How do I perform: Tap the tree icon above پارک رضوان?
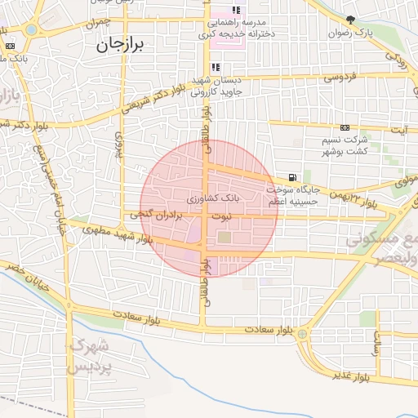pyautogui.click(x=351, y=20)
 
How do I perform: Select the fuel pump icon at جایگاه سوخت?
pyautogui.click(x=292, y=177)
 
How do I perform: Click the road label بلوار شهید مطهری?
pyautogui.click(x=116, y=233)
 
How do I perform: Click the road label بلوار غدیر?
pyautogui.click(x=352, y=376)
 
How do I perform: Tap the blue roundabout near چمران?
pyautogui.click(x=31, y=29)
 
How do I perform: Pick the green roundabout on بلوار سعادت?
pyautogui.click(x=302, y=334)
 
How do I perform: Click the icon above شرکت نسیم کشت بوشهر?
pyautogui.click(x=345, y=127)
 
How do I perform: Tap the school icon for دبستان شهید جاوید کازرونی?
pyautogui.click(x=215, y=68)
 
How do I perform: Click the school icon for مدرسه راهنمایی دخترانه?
pyautogui.click(x=236, y=11)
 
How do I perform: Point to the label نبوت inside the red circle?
pyautogui.click(x=222, y=216)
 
